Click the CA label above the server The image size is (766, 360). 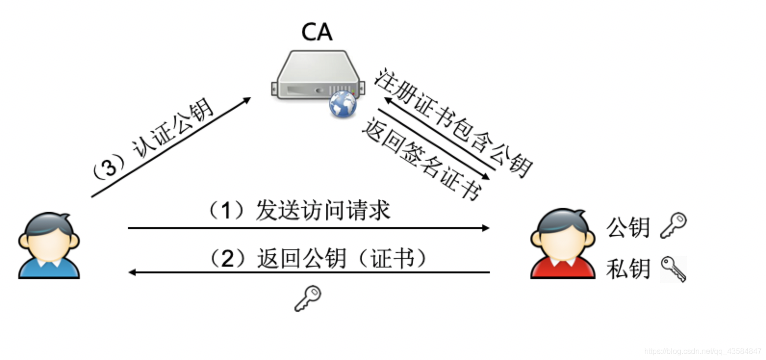(317, 32)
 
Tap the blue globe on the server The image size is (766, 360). (343, 104)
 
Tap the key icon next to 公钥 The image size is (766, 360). (673, 225)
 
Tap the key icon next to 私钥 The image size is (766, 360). (673, 269)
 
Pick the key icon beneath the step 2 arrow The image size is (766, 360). (308, 298)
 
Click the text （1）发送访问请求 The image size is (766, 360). (298, 210)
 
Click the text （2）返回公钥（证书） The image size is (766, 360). (318, 258)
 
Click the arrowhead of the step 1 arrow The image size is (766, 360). (486, 228)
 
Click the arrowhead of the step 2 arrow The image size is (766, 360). (132, 272)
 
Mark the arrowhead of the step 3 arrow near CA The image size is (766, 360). (247, 100)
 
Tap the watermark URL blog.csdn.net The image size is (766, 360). (702, 352)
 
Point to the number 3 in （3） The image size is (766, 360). (110, 167)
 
